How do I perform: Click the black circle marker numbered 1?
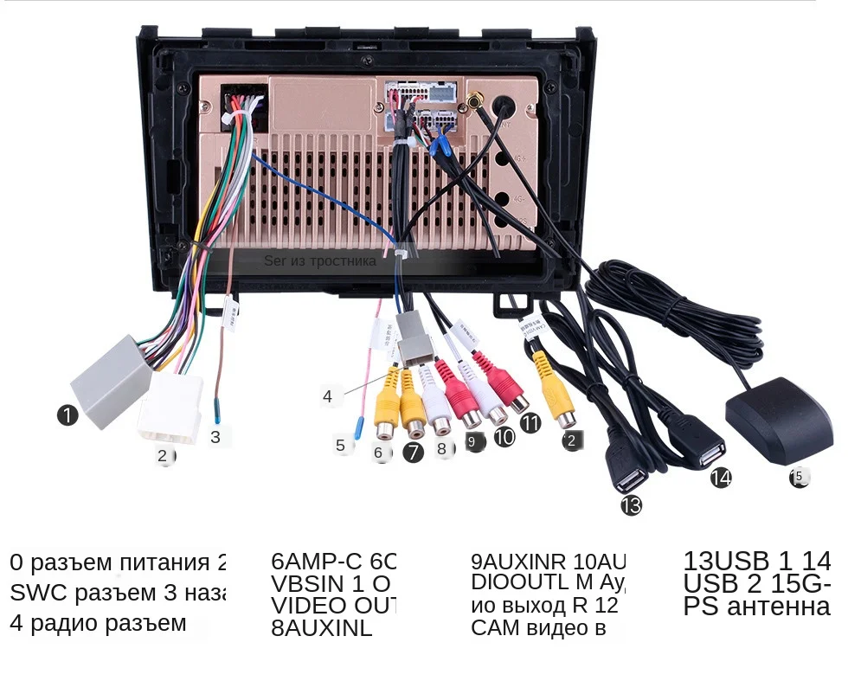(68, 416)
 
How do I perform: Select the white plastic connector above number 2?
(170, 407)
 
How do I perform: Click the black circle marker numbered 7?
(414, 451)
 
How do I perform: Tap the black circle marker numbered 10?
(504, 436)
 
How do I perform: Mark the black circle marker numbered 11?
(530, 423)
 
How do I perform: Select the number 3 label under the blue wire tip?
(215, 437)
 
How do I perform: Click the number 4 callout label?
(327, 397)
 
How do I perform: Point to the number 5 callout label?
(340, 446)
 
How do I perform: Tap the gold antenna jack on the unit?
(475, 102)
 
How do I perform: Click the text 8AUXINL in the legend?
(321, 628)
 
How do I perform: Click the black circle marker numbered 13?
(632, 505)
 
